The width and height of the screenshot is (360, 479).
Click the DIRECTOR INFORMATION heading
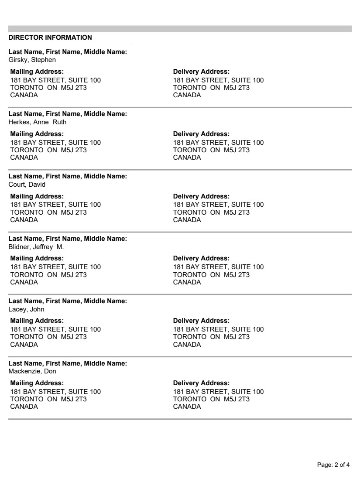(50, 38)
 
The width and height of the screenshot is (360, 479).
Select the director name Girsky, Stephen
(32, 60)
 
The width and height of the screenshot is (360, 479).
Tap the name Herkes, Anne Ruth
(38, 122)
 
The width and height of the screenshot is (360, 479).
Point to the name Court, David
(27, 185)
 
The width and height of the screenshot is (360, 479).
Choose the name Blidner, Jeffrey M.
(36, 247)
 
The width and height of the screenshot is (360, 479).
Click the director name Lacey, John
(27, 309)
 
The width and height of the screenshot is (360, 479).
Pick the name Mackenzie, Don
(32, 372)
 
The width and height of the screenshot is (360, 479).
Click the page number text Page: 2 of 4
(333, 465)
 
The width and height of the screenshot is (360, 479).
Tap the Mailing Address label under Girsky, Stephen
(37, 72)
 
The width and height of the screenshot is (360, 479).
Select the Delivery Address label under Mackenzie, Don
(201, 383)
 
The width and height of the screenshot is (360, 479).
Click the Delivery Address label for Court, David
(201, 196)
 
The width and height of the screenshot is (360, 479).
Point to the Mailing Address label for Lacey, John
(37, 321)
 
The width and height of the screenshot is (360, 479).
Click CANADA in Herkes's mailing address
(24, 157)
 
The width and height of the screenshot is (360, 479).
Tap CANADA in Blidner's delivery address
(187, 282)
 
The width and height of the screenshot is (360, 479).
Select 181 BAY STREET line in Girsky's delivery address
(218, 80)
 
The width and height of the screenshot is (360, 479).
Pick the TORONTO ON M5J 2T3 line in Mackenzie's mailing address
(48, 399)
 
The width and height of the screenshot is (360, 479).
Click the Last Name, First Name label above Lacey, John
(68, 301)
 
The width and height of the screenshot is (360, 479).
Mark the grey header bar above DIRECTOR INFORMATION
(180, 29)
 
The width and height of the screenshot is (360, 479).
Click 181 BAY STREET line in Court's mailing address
(55, 205)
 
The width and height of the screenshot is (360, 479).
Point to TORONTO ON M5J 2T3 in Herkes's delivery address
(211, 150)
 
